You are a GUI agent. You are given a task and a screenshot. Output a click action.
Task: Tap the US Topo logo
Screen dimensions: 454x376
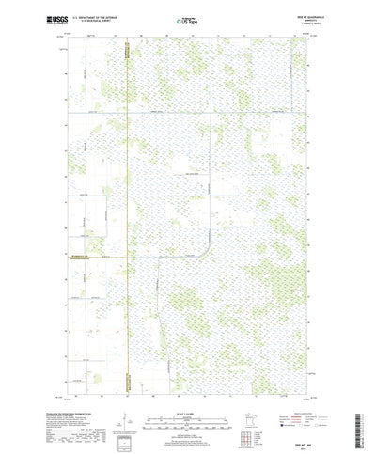pos(187,19)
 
